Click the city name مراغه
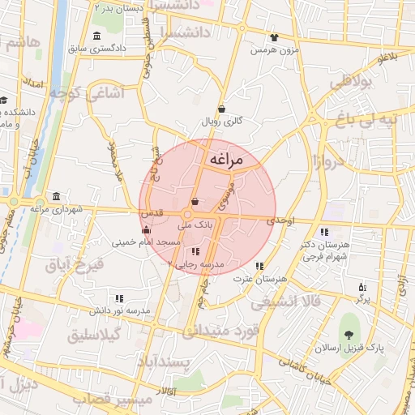point(226,160)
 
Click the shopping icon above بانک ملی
point(195,201)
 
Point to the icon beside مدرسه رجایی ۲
point(195,251)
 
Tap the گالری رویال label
point(222,122)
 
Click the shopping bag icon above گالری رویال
point(222,109)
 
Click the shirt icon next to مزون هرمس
point(274,37)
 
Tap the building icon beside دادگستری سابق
point(97,36)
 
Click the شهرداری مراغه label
point(57,209)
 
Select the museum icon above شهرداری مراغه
point(55,196)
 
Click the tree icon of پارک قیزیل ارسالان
point(349,336)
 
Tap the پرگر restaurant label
point(362,299)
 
